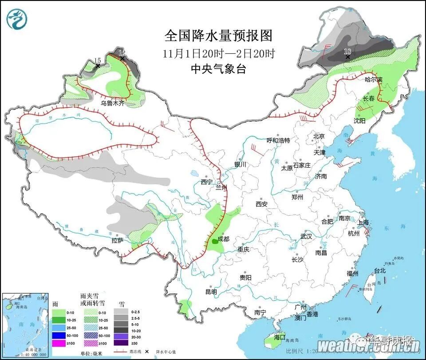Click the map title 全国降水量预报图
218,35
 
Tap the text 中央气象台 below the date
218,69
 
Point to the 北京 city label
319,136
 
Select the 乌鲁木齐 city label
113,103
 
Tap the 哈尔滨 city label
373,80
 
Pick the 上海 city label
364,223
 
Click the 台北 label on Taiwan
380,270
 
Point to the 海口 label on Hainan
280,337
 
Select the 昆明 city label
211,292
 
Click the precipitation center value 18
348,51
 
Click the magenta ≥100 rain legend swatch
59,343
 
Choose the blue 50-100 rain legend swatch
59,335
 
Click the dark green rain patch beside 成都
215,241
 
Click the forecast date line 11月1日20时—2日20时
219,54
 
